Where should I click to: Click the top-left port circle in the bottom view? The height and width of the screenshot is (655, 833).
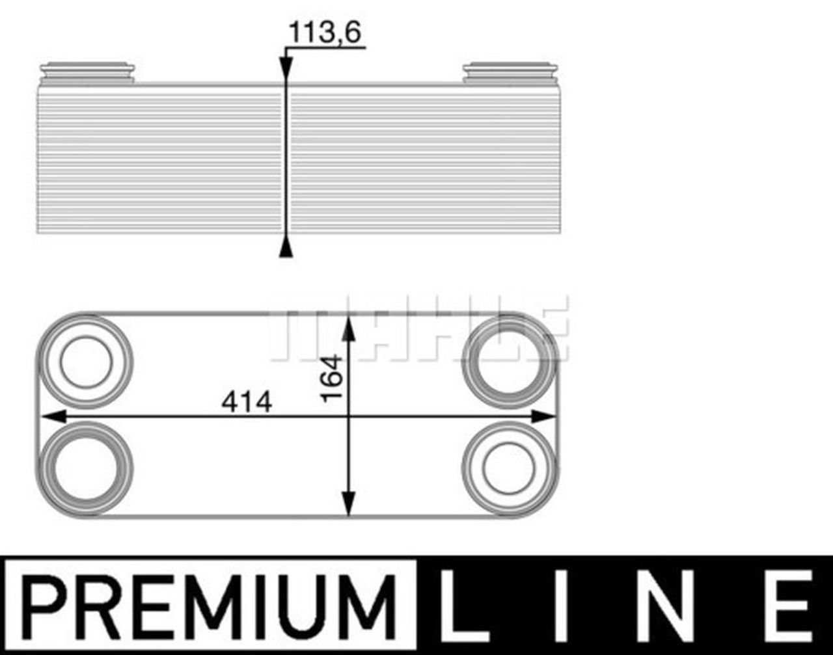point(86,361)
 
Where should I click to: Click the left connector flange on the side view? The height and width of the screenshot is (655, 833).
point(87,72)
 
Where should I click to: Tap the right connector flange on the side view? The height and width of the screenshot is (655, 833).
point(510,72)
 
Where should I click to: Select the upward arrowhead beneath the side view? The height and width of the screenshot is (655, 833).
point(285,248)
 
